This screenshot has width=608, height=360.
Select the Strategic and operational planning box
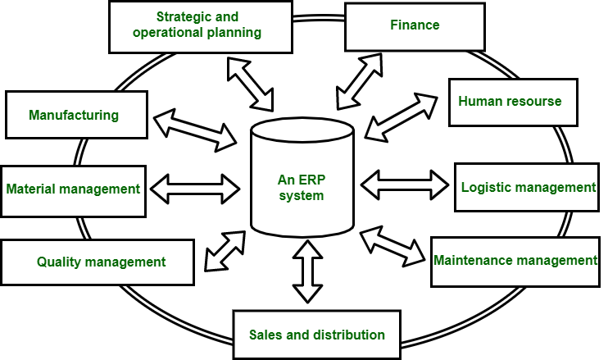[200, 25]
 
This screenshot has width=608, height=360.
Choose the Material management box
[74, 189]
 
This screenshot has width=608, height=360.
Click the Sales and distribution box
[317, 335]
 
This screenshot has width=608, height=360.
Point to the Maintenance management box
[515, 262]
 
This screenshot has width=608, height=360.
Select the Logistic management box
[528, 187]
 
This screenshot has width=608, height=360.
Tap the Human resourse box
[510, 102]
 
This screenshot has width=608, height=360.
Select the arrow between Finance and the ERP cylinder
[357, 80]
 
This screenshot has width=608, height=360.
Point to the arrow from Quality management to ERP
[223, 250]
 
